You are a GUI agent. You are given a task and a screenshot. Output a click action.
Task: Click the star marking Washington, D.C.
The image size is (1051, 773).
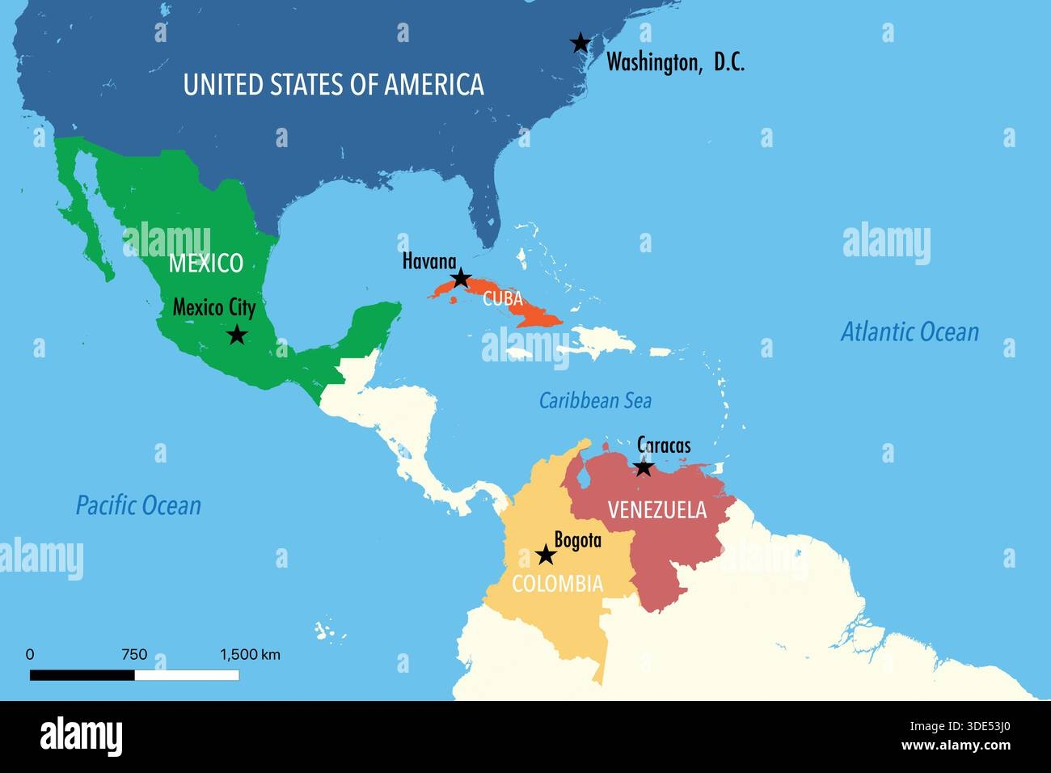pos(580,42)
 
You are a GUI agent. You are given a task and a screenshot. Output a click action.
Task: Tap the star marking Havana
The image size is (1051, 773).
pos(460,279)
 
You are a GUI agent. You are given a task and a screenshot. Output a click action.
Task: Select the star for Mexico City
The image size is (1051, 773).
pos(236,334)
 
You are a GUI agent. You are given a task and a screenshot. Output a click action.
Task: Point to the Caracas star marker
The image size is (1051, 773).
pos(643,467)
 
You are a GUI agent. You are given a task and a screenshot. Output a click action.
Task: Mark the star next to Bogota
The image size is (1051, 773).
pos(546,555)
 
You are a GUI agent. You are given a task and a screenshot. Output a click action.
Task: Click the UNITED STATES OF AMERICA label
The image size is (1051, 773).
pos(333,84)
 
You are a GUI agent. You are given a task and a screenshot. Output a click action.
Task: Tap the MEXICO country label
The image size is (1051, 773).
pos(205,263)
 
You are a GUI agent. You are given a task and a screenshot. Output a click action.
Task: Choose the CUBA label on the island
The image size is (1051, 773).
pos(503,298)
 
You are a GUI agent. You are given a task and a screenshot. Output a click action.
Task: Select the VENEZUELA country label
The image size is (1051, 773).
pos(656,510)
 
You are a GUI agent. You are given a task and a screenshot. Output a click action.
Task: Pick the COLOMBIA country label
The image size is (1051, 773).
pos(557,584)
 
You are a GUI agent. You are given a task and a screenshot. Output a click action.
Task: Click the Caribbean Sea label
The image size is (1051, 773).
pos(595,400)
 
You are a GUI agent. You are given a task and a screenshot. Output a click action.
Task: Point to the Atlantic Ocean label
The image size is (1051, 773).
pos(910,332)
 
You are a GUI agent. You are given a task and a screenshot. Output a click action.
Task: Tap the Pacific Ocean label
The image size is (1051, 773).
pos(138,506)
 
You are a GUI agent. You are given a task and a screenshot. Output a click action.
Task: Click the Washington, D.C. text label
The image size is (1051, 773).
pos(675,62)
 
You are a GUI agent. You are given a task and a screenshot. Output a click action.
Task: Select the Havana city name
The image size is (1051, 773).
pos(429,261)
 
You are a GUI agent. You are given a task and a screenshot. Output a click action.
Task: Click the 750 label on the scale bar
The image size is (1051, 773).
pos(134,655)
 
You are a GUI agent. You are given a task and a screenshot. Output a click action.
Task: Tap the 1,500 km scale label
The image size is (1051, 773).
pos(250,655)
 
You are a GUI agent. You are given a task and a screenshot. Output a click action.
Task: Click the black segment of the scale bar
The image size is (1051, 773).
pos(82,674)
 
